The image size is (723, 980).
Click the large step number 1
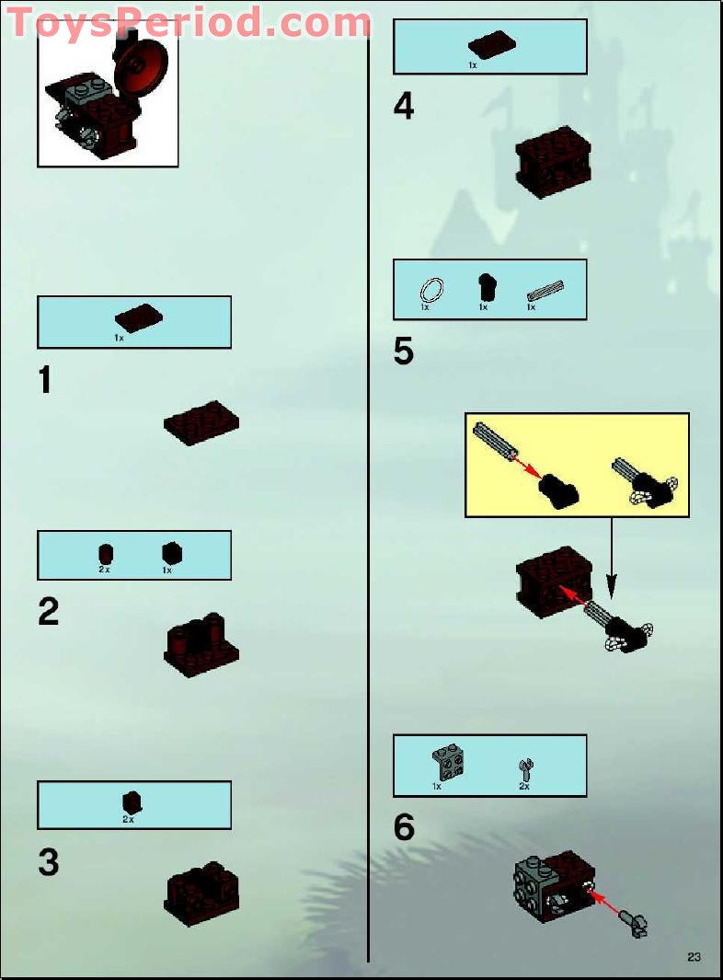(x=45, y=379)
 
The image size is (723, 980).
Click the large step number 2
(x=49, y=612)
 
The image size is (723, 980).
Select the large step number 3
(x=49, y=862)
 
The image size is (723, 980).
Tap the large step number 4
(x=404, y=108)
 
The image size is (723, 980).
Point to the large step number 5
(x=404, y=352)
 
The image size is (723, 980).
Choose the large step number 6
(x=404, y=828)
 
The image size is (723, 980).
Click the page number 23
(x=694, y=957)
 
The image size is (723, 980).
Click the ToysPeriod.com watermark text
(x=189, y=22)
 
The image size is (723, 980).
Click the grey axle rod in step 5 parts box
(x=545, y=292)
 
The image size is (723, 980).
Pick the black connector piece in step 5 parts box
(x=486, y=287)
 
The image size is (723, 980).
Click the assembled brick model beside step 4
(x=553, y=166)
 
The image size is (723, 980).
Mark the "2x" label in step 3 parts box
(x=129, y=819)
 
